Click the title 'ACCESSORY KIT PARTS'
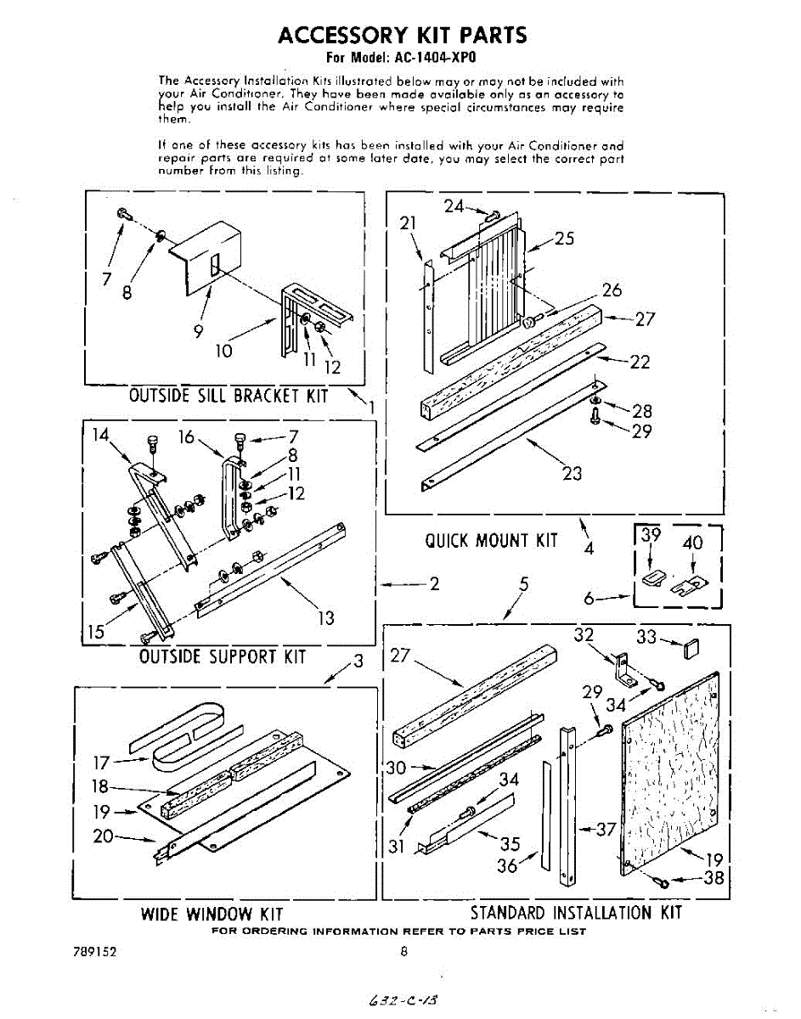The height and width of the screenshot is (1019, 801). click(x=403, y=35)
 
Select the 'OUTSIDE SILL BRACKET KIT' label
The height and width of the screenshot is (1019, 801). click(x=228, y=396)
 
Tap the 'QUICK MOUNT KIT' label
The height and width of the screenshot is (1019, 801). click(x=491, y=541)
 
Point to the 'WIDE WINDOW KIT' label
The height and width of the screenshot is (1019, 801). click(x=212, y=914)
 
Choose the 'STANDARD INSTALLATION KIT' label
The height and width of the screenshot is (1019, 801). click(x=576, y=913)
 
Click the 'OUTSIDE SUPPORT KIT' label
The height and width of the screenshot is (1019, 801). click(x=223, y=656)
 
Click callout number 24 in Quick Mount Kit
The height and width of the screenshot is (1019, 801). click(x=454, y=206)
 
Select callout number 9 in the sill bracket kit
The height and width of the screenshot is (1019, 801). click(x=198, y=332)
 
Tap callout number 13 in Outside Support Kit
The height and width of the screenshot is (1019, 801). click(x=325, y=618)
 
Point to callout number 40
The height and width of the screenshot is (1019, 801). click(x=693, y=543)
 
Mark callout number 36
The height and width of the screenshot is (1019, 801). click(x=508, y=866)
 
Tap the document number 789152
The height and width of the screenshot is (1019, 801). click(x=94, y=952)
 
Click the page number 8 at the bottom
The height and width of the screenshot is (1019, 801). click(x=404, y=952)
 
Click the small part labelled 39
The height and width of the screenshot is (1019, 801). click(x=652, y=577)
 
